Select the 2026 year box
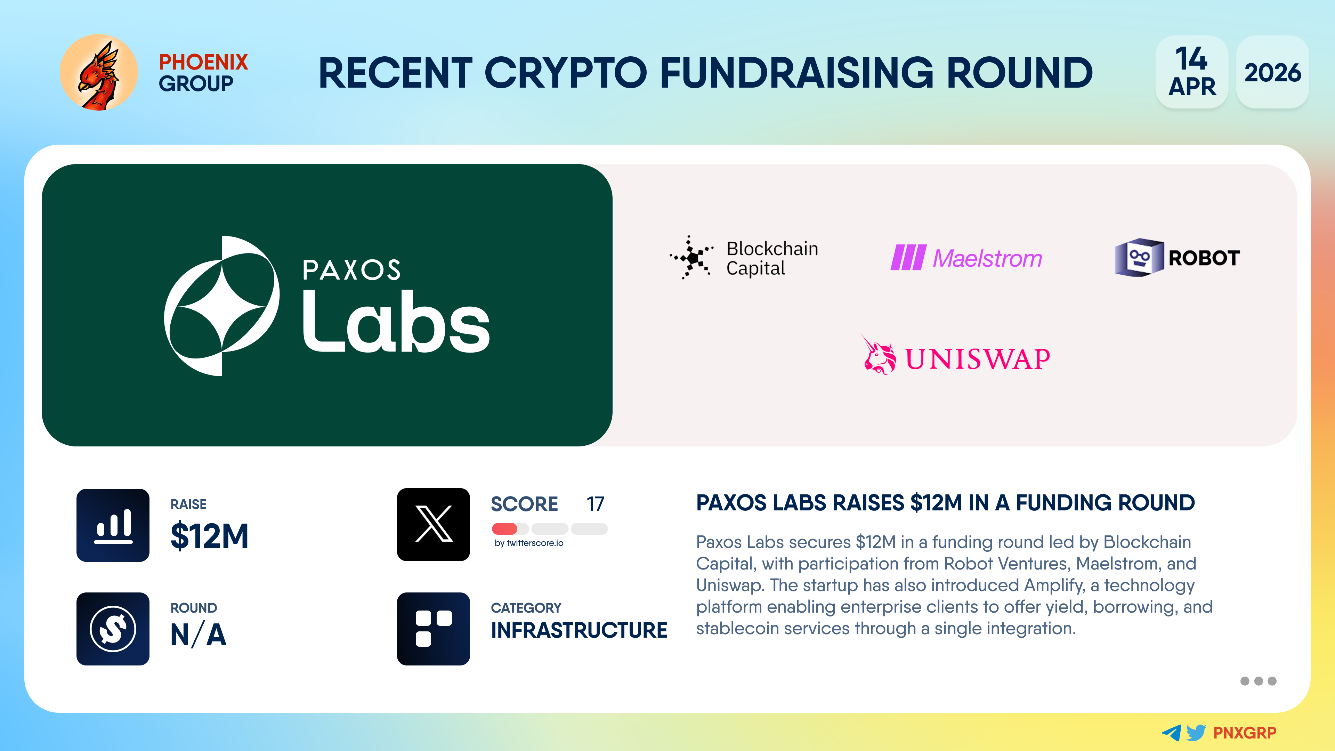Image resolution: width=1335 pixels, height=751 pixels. [x=1272, y=72]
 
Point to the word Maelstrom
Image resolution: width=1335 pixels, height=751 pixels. [x=987, y=258]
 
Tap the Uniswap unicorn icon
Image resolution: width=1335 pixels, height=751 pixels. [x=879, y=355]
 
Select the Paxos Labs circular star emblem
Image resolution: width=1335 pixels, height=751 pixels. [x=222, y=306]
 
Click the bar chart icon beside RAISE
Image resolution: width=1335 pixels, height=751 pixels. [x=113, y=525]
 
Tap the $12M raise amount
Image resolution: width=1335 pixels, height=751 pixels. [x=209, y=536]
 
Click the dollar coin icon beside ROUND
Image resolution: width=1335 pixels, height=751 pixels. [x=113, y=629]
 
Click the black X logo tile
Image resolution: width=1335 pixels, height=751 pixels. [x=433, y=525]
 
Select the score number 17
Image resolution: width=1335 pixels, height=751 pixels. [x=596, y=504]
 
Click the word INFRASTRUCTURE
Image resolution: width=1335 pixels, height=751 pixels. [x=579, y=630]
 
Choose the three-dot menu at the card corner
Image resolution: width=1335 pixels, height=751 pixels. [x=1258, y=681]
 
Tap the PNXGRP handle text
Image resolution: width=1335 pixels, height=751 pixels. [x=1245, y=733]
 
